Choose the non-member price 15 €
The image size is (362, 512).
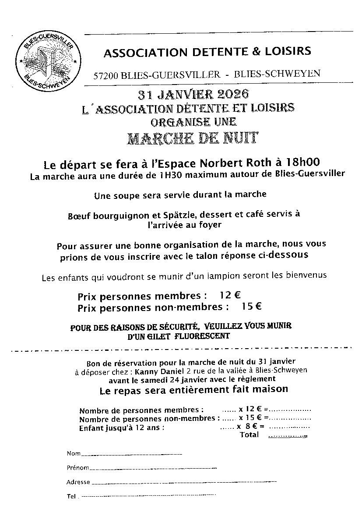point(251,307)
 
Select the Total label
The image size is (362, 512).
point(249,435)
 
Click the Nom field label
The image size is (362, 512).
point(74,453)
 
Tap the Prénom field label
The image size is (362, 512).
point(77,468)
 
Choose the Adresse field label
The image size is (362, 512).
point(78,482)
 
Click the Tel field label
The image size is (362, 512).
point(71,497)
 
